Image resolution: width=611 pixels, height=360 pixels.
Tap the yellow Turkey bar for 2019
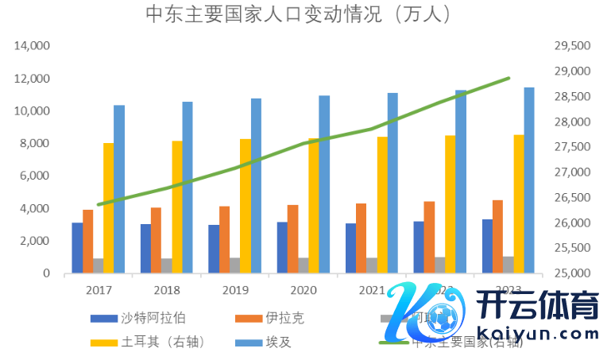tap(246, 206)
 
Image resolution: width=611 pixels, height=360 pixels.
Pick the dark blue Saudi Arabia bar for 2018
tap(145, 249)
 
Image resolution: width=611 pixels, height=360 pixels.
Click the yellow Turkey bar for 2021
tap(382, 205)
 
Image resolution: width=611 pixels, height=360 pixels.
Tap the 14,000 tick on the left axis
tap(33, 46)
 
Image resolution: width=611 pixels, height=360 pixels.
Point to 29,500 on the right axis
tap(570, 46)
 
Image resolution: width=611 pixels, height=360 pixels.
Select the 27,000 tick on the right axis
tap(570, 172)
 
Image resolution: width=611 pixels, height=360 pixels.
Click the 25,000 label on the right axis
tap(570, 273)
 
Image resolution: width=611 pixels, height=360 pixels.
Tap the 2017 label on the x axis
tap(99, 289)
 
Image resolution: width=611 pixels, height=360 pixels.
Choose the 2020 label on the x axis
tap(304, 289)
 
